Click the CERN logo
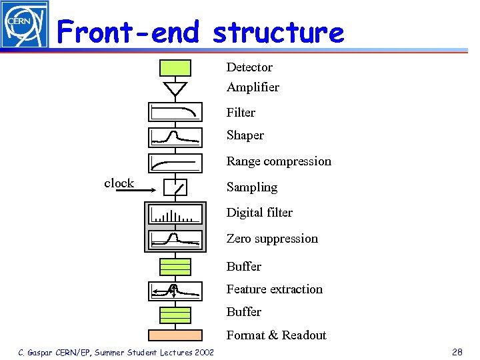(25, 25)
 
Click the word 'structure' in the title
(278, 32)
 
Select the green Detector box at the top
(175, 68)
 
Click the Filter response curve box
(175, 112)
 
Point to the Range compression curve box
(175, 162)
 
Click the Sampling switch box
(175, 188)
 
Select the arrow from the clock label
(137, 190)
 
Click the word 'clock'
(119, 183)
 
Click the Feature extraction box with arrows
(175, 290)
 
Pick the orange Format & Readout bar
(175, 335)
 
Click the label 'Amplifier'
(253, 87)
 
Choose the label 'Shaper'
(245, 135)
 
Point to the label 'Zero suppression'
(272, 239)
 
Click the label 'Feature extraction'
(274, 289)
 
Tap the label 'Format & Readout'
(276, 335)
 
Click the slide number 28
(457, 351)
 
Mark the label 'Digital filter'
(259, 213)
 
